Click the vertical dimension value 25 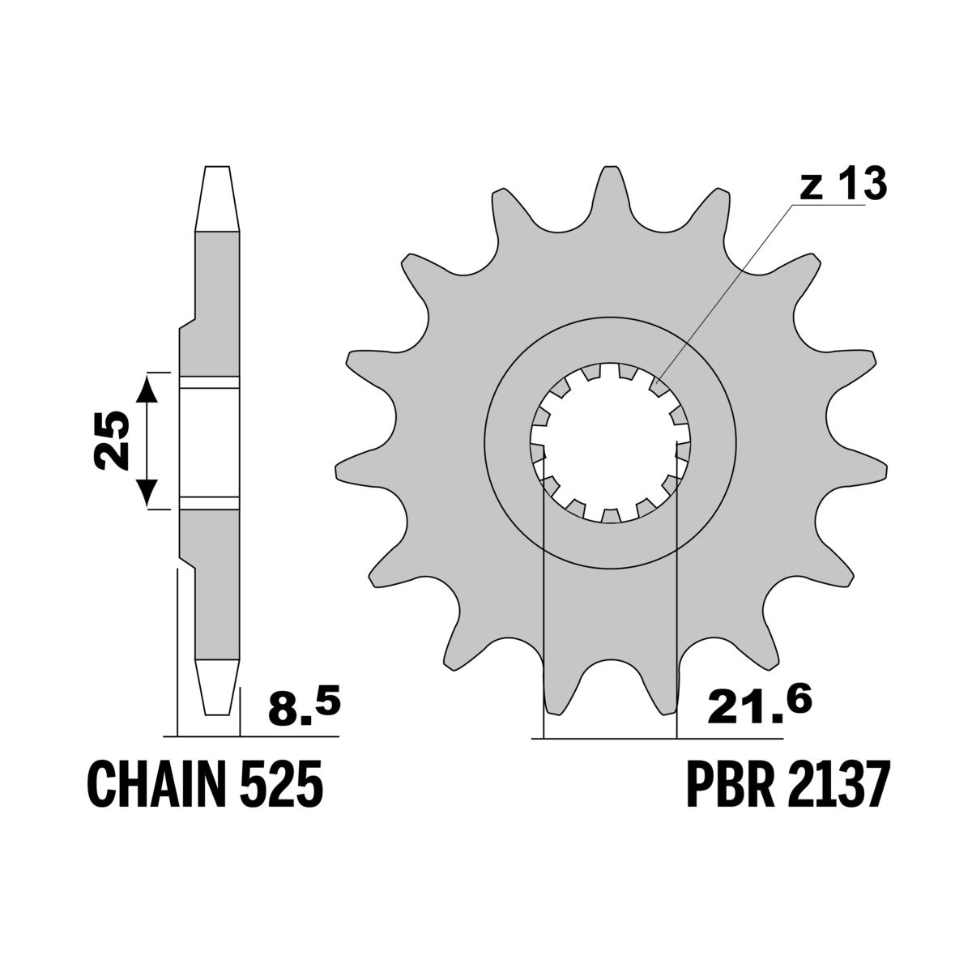pos(110,441)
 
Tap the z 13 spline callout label pos(842,185)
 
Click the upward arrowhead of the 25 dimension pos(147,388)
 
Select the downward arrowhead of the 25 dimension pos(147,493)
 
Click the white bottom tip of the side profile pos(218,686)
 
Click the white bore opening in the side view pos(211,441)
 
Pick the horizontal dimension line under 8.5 pos(251,736)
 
